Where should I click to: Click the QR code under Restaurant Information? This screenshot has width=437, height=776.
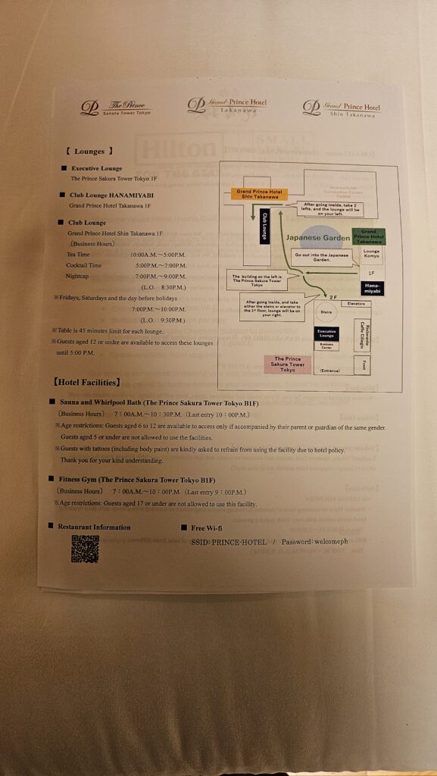pyautogui.click(x=85, y=549)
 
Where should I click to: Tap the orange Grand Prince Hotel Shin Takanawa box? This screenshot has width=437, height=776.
pyautogui.click(x=259, y=195)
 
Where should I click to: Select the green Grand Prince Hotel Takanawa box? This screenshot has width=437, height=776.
pyautogui.click(x=369, y=236)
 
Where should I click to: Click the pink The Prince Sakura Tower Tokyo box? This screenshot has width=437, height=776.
pyautogui.click(x=287, y=364)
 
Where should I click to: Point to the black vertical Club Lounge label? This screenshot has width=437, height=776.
pyautogui.click(x=264, y=225)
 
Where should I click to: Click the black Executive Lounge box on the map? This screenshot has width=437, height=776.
pyautogui.click(x=326, y=333)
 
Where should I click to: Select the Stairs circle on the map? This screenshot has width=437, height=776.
pyautogui.click(x=326, y=311)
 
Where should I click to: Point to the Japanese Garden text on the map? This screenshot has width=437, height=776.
pyautogui.click(x=318, y=238)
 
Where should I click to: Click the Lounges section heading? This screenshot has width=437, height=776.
pyautogui.click(x=89, y=152)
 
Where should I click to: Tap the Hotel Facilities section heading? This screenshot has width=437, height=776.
pyautogui.click(x=86, y=383)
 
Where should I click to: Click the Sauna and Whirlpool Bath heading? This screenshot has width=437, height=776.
pyautogui.click(x=158, y=403)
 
